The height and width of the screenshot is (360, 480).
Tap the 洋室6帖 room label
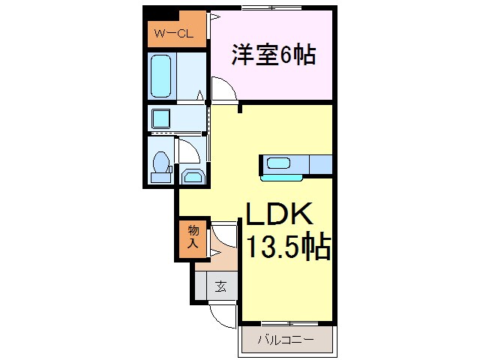coord(272,55)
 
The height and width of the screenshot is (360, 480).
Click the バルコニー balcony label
coord(286,340)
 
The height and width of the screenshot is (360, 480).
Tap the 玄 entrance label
coord(221,286)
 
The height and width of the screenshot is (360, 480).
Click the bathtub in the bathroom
coord(162,75)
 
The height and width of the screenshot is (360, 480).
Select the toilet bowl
coord(160,160)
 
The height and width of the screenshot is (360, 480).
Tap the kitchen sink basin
coord(280,163)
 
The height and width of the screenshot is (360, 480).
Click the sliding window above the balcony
coord(286,324)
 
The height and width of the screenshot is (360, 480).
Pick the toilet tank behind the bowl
coord(160,177)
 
